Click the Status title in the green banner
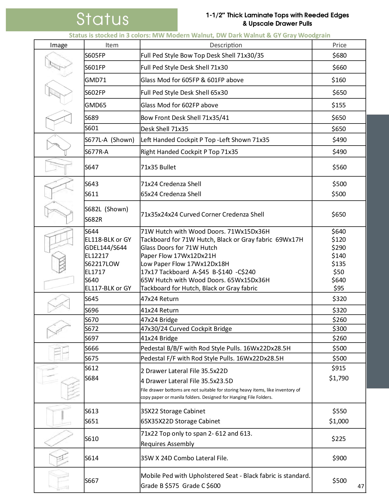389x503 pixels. [102, 19]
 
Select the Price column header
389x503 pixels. [339, 45]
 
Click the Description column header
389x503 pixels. [226, 45]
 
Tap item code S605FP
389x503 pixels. [95, 55]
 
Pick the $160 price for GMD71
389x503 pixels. [339, 80]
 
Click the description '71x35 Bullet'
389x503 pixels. [158, 167]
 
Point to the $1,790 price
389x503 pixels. [339, 378]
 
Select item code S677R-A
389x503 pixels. [96, 152]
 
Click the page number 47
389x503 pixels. [361, 486]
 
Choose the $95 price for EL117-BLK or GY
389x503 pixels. [339, 288]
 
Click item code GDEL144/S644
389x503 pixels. [106, 248]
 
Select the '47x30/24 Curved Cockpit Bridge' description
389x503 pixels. [186, 329]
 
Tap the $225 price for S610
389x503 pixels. [339, 439]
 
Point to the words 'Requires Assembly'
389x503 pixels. [167, 444]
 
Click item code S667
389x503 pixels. [92, 481]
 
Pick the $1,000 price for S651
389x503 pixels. [339, 421]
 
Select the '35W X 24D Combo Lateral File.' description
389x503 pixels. [184, 458]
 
